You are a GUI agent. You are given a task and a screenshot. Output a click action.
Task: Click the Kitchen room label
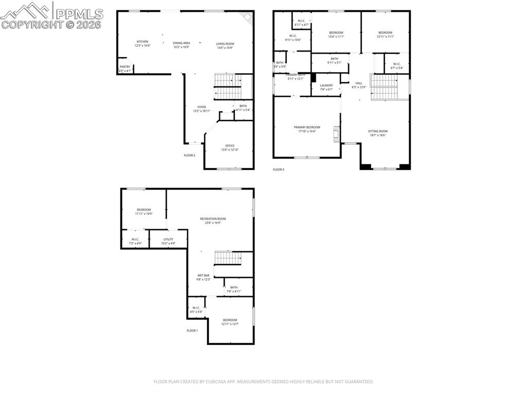[143, 42]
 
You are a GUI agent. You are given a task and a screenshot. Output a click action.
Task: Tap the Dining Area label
[181, 43]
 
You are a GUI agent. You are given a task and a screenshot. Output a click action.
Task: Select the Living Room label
[225, 44]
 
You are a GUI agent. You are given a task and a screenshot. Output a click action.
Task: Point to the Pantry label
[125, 66]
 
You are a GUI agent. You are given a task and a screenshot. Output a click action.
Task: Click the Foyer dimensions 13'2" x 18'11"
[202, 111]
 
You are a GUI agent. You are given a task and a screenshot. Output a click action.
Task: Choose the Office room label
[230, 146]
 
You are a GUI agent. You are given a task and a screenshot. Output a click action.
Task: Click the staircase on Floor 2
[227, 87]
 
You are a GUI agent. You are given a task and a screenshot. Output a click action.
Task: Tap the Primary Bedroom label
[307, 127]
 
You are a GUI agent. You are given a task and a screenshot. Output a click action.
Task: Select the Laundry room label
[326, 85]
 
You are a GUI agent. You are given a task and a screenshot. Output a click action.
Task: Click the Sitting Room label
[378, 131]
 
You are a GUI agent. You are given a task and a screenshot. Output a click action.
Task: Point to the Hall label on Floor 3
[359, 83]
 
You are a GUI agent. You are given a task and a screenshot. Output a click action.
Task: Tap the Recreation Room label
[213, 219]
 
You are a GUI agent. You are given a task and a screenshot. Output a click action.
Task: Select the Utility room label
[168, 239]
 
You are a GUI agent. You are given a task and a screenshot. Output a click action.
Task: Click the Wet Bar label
[203, 276]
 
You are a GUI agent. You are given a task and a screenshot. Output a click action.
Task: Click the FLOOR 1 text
[192, 330]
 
